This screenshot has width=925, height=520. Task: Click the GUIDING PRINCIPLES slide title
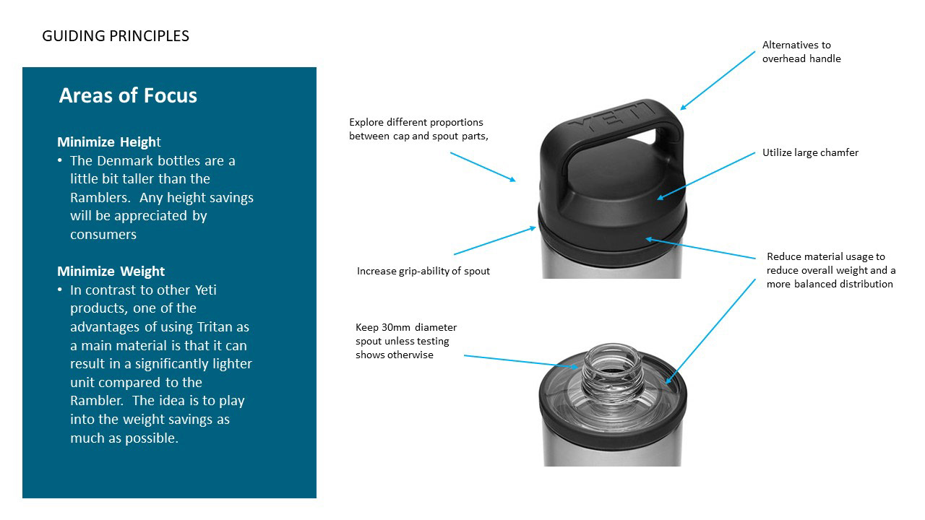coord(116,36)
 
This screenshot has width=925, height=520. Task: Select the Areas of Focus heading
coord(128,95)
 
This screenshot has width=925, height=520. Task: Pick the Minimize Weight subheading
coord(111,271)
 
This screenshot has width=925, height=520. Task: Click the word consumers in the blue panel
coord(103,234)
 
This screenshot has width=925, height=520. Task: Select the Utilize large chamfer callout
coord(810,152)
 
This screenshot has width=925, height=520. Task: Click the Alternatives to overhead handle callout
coord(801,52)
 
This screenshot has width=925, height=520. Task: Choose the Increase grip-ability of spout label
coord(423,271)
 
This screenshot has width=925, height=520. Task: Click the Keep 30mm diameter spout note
coord(405,341)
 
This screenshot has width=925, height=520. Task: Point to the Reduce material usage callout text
coord(831,270)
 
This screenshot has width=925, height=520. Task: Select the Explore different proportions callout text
coord(418,129)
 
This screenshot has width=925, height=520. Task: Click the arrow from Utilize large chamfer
coord(705,175)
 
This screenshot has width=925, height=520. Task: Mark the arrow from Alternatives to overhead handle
coord(718,80)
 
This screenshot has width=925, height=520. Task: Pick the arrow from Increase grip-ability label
coord(495,240)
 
